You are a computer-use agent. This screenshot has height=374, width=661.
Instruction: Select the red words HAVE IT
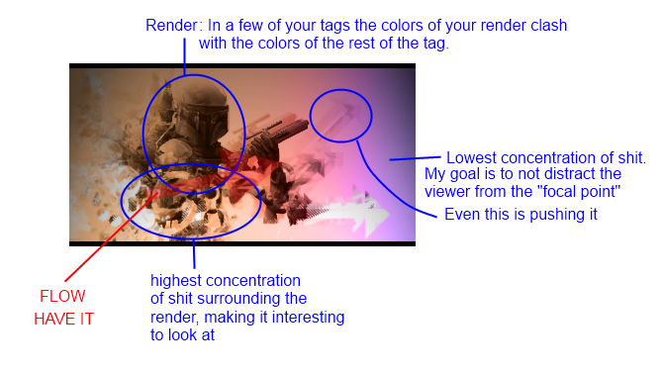pyautogui.click(x=63, y=319)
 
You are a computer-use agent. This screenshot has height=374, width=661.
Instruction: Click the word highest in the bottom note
pyautogui.click(x=176, y=282)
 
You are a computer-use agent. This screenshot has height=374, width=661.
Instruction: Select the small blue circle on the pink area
pyautogui.click(x=340, y=114)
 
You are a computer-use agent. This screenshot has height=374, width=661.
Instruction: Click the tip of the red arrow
pyautogui.click(x=157, y=190)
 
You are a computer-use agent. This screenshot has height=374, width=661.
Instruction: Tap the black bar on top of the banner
pyautogui.click(x=241, y=66)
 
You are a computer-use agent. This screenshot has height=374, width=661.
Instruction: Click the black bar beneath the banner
pyautogui.click(x=241, y=242)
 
